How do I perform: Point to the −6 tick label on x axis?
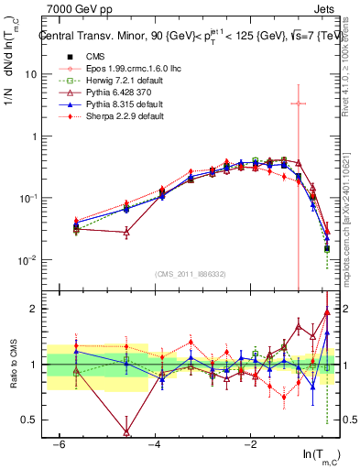[x=58, y=443]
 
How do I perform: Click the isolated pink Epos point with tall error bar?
[x=298, y=104]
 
